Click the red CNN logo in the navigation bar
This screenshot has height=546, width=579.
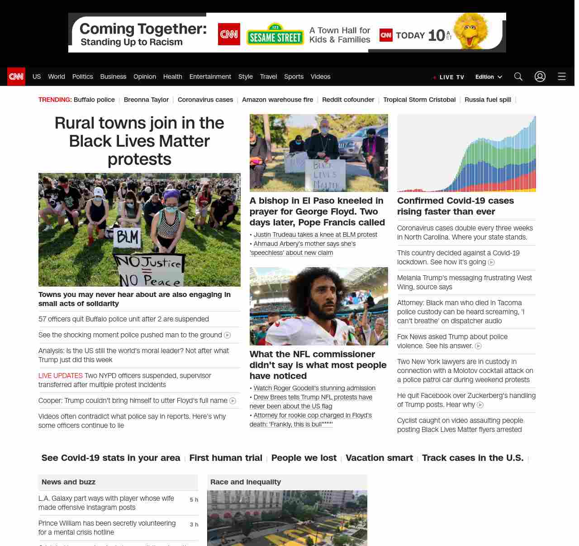pyautogui.click(x=16, y=77)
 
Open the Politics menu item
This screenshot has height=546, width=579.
pyautogui.click(x=82, y=77)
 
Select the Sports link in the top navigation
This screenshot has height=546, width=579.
pyautogui.click(x=294, y=77)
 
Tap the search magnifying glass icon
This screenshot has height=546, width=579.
pyautogui.click(x=518, y=77)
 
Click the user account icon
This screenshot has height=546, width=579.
pyautogui.click(x=540, y=77)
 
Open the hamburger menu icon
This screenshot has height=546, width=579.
pyautogui.click(x=562, y=77)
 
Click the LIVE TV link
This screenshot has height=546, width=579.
pyautogui.click(x=449, y=77)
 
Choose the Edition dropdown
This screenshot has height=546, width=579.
pyautogui.click(x=489, y=77)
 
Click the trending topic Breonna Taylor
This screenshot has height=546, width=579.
pyautogui.click(x=146, y=100)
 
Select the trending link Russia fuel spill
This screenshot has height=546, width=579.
pyautogui.click(x=488, y=100)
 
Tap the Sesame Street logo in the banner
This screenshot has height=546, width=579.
pyautogui.click(x=275, y=35)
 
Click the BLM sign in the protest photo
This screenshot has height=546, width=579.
pyautogui.click(x=128, y=237)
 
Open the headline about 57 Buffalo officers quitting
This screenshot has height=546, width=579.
pyautogui.click(x=123, y=319)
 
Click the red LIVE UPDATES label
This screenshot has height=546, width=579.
pyautogui.click(x=61, y=376)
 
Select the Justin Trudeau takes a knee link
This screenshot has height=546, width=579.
pyautogui.click(x=315, y=235)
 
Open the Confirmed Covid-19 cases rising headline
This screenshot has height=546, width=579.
pyautogui.click(x=455, y=206)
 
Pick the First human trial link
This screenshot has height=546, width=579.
pyautogui.click(x=226, y=458)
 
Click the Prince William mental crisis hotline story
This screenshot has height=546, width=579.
pyautogui.click(x=107, y=528)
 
